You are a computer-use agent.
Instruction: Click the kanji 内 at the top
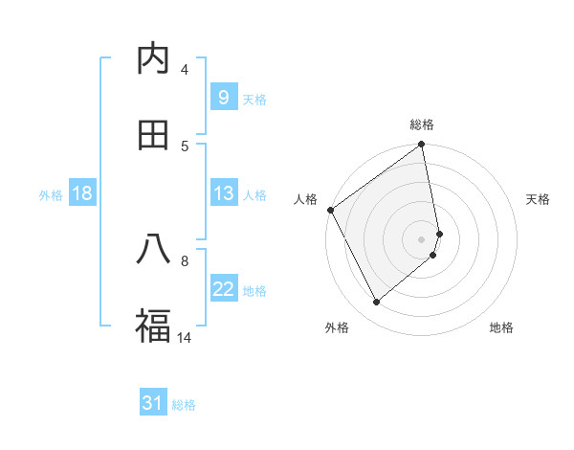[x=153, y=58]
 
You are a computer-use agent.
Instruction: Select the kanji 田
[x=153, y=135]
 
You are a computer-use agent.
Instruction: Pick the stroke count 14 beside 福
[x=185, y=337]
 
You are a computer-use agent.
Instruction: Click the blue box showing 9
[x=223, y=97]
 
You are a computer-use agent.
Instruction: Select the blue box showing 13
[x=223, y=193]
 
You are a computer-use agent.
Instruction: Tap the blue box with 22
[x=223, y=289]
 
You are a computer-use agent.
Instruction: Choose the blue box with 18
[x=82, y=193]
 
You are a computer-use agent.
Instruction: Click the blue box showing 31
[x=153, y=403]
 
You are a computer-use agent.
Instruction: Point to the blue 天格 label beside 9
[x=254, y=99]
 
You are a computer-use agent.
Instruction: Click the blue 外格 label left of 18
[x=51, y=195]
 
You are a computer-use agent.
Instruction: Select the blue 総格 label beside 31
[x=184, y=405]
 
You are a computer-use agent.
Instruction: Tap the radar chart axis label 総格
[x=422, y=124]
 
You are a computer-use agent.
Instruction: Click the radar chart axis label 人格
[x=306, y=199]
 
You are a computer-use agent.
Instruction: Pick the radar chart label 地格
[x=501, y=327]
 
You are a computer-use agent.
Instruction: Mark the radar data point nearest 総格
[x=422, y=146]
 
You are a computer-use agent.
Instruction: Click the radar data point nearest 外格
[x=377, y=303]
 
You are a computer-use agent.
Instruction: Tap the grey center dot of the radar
[x=422, y=238]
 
